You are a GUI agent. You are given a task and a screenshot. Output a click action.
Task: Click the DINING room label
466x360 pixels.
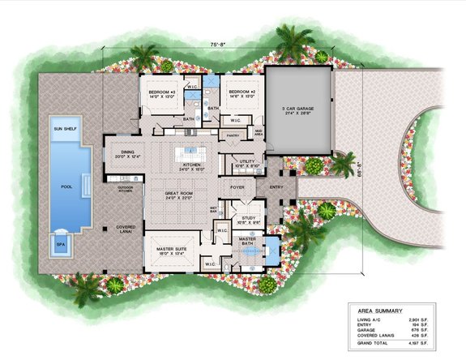pyautogui.click(x=128, y=151)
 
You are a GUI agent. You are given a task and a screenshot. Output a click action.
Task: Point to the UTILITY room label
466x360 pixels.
pyautogui.click(x=249, y=161)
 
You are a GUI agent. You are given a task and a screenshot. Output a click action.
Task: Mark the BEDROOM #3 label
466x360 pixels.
pyautogui.click(x=162, y=92)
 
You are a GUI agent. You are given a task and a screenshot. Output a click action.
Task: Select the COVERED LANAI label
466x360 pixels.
pyautogui.click(x=126, y=229)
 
